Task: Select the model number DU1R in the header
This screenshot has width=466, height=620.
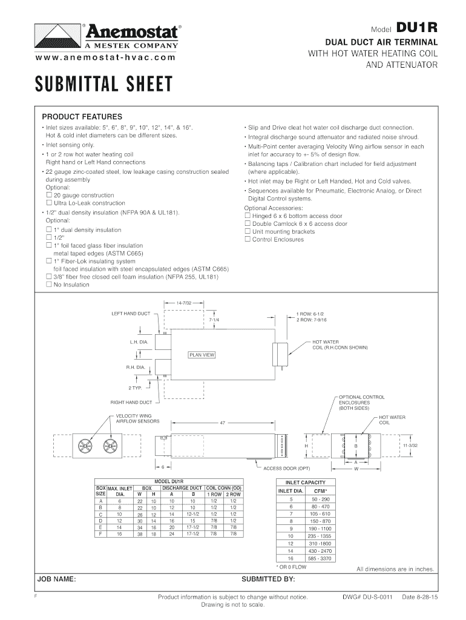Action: click(416, 28)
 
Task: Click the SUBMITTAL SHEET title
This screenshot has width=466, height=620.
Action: click(103, 84)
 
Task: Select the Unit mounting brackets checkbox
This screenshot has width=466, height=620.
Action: click(247, 231)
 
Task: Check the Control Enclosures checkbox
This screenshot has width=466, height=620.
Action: click(247, 239)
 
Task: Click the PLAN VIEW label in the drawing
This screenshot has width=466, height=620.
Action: click(202, 355)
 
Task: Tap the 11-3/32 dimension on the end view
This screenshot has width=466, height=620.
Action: click(410, 446)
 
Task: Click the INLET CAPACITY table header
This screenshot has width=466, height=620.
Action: click(305, 483)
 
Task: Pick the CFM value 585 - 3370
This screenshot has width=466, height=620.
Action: click(317, 558)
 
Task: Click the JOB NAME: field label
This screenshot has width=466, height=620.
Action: click(56, 579)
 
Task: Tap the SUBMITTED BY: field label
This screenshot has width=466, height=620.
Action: click(268, 579)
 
